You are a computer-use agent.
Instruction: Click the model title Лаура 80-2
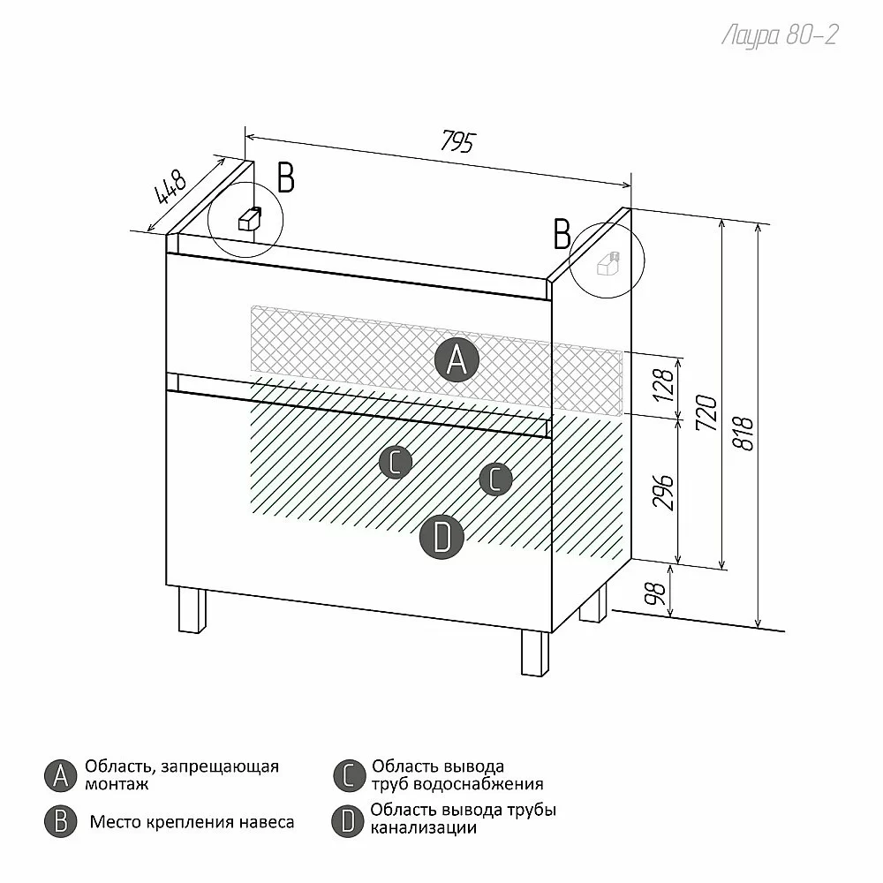click(780, 35)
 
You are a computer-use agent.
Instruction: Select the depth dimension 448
click(170, 185)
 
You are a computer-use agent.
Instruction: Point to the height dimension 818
click(743, 433)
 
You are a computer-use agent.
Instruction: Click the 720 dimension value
click(706, 413)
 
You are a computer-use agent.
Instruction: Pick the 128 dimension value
click(665, 385)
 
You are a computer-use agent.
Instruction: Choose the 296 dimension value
click(664, 493)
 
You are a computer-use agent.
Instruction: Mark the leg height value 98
click(655, 593)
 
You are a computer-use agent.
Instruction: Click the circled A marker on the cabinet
click(457, 360)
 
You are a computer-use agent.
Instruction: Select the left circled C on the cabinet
click(396, 463)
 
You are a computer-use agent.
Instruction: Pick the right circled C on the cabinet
click(495, 479)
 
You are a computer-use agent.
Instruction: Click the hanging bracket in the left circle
click(250, 218)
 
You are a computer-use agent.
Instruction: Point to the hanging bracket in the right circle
click(608, 263)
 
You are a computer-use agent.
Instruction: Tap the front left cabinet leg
click(192, 610)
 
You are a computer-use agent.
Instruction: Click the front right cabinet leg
click(535, 653)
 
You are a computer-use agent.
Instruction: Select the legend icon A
click(60, 776)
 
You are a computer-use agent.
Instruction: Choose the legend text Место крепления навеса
click(192, 822)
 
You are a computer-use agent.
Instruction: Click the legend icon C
click(349, 776)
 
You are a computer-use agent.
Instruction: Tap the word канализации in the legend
click(424, 828)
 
